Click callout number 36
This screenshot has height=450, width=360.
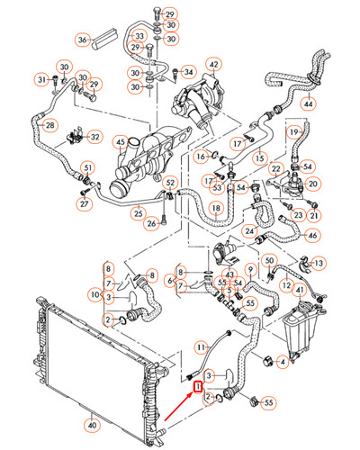[83, 40]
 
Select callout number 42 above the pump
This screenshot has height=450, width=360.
[213, 65]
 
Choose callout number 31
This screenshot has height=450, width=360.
[41, 81]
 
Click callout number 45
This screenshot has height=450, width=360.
[94, 141]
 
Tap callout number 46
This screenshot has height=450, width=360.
[312, 236]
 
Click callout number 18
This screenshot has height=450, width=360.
[215, 208]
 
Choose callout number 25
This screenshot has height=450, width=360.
[139, 213]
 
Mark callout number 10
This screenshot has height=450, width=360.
[93, 294]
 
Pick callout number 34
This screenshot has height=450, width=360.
[188, 71]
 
